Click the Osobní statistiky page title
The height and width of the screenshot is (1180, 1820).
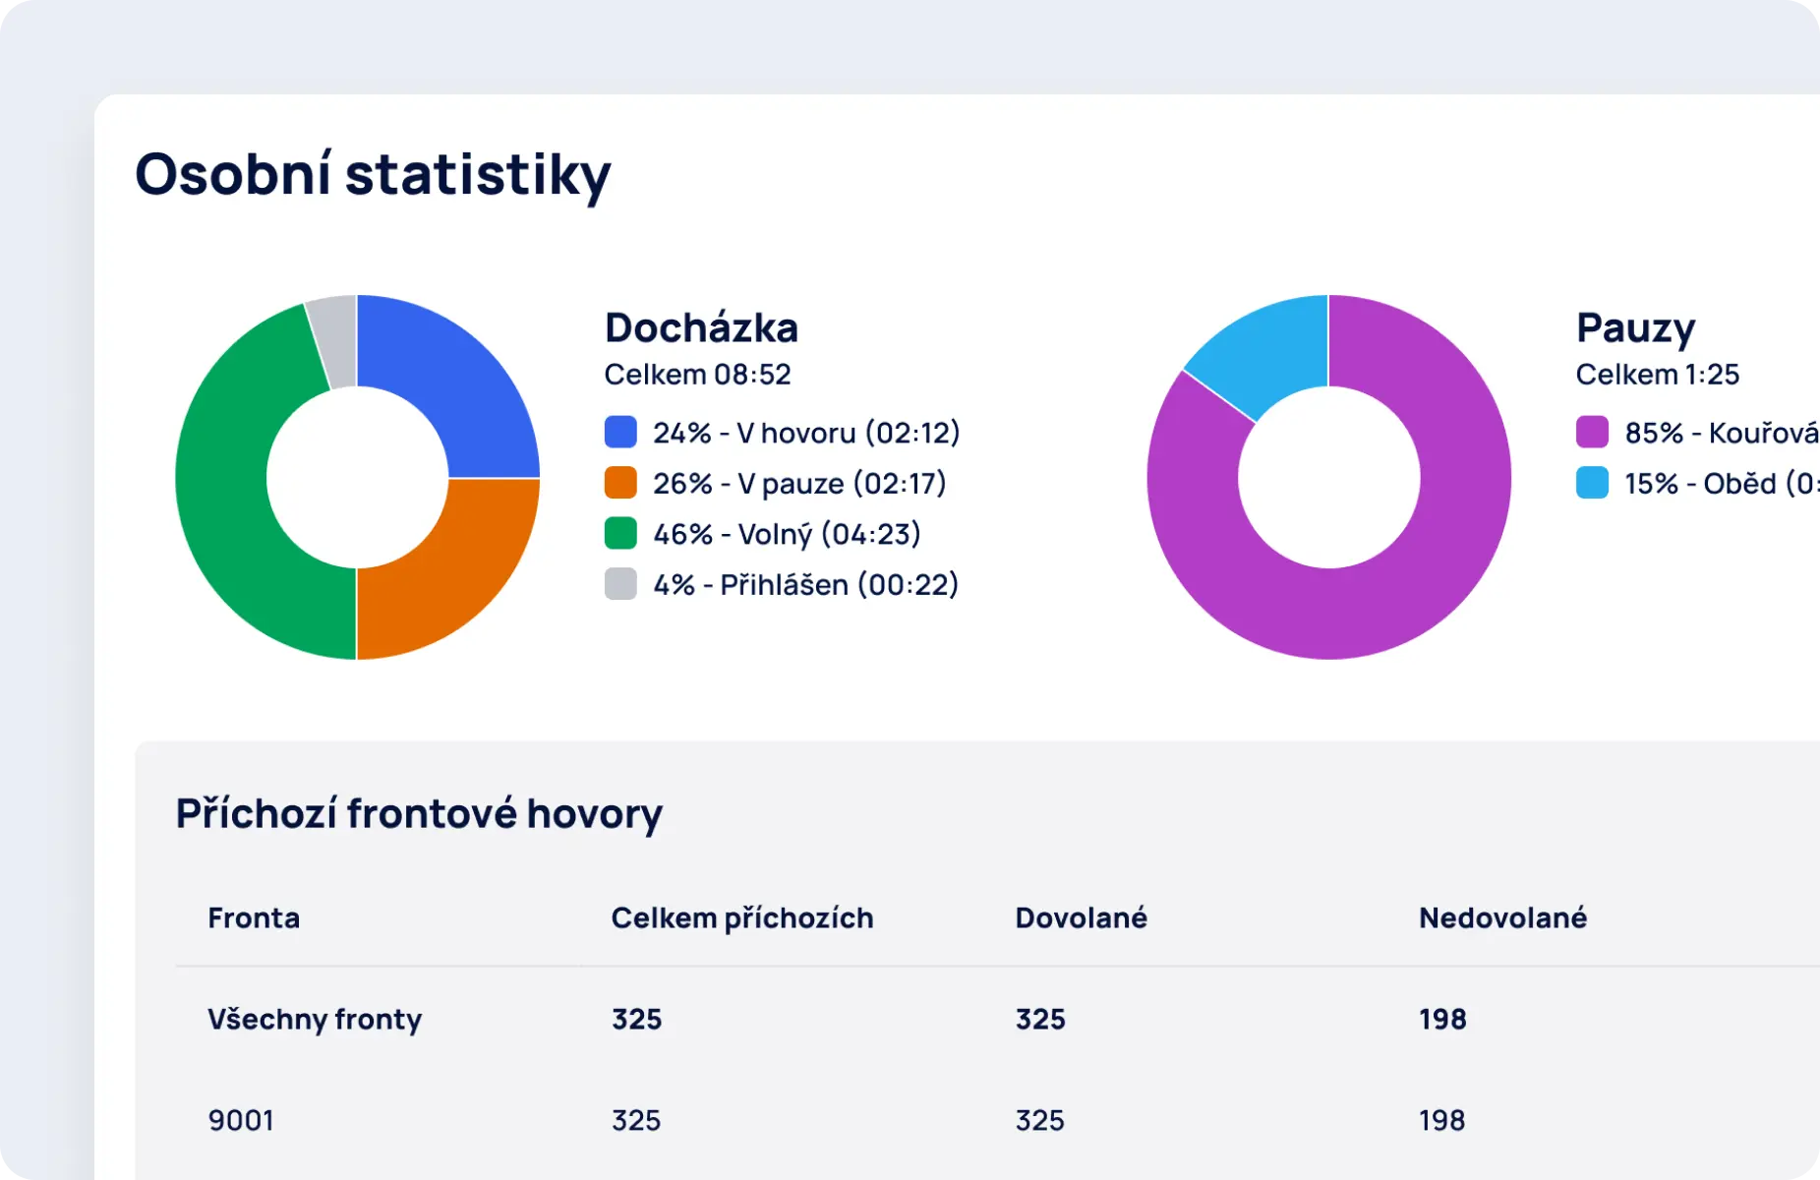click(x=373, y=175)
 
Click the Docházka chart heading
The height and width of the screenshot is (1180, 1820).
click(x=701, y=327)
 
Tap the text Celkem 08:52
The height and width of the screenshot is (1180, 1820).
click(x=697, y=375)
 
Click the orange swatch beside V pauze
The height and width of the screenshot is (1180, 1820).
click(x=620, y=483)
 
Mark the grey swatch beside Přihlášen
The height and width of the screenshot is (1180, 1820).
click(x=620, y=584)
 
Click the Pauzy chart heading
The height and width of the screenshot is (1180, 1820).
click(x=1635, y=327)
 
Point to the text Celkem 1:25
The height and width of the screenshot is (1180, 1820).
click(x=1657, y=375)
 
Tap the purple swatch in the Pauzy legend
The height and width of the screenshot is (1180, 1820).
click(x=1592, y=432)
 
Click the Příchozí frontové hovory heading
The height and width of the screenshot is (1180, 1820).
click(x=419, y=813)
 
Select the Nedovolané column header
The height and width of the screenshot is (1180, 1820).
click(x=1501, y=917)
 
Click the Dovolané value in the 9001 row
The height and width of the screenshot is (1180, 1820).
click(x=1039, y=1120)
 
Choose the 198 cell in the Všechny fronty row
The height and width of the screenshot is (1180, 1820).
click(x=1441, y=1019)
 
